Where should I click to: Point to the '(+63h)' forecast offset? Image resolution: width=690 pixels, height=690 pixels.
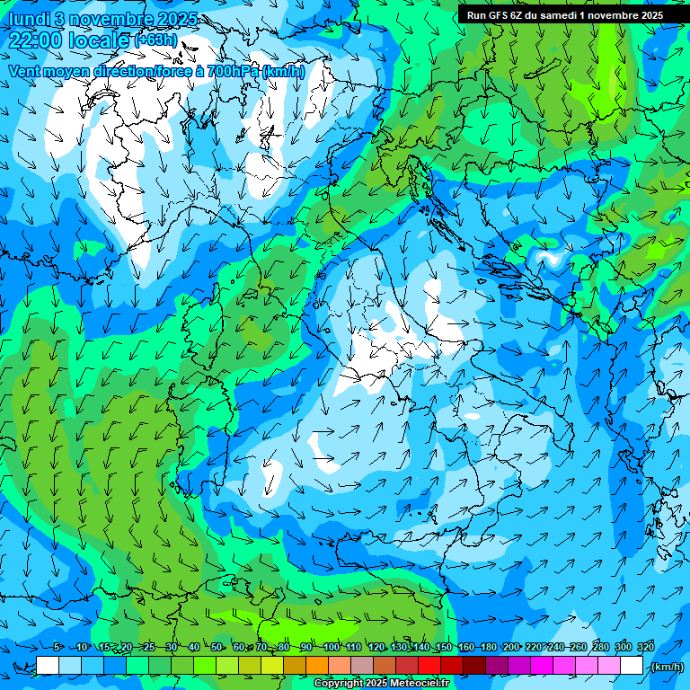155,40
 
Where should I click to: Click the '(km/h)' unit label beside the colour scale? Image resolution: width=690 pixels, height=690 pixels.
666,667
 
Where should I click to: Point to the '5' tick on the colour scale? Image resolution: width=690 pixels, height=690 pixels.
57,648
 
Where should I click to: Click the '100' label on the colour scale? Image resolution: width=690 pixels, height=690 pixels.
332,648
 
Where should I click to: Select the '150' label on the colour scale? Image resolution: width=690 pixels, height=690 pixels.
444,648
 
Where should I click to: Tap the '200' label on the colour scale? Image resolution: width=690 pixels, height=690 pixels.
511,648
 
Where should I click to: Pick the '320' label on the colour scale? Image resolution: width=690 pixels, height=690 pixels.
646,648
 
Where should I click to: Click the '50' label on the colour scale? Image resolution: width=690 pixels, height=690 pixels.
217,648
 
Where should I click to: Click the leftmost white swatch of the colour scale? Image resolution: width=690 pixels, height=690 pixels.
47,666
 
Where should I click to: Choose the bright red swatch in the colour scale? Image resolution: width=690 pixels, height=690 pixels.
429,666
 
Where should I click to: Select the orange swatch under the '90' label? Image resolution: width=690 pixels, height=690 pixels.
316,666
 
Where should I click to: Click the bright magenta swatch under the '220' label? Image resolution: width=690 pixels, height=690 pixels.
541,666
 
